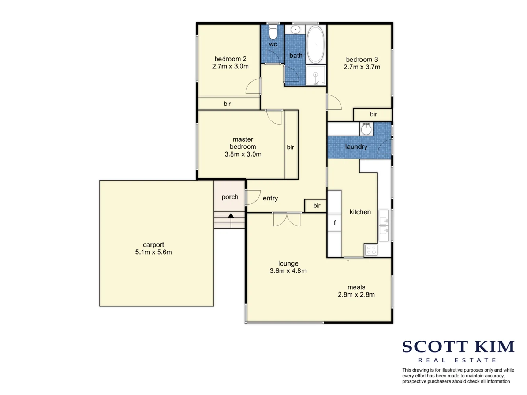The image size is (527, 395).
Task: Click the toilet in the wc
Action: [273, 32]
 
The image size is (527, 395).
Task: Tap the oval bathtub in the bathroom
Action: [315, 45]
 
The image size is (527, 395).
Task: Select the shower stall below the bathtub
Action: [315, 75]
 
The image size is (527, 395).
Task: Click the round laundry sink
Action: [366, 129]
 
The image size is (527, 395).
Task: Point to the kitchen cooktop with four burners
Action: [371, 250]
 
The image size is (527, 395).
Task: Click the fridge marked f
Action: [334, 223]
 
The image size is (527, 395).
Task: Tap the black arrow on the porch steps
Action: [231, 216]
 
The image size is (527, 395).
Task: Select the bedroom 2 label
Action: [230, 59]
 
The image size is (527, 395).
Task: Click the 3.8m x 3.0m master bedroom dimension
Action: [243, 154]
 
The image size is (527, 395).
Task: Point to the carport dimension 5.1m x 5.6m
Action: [153, 252]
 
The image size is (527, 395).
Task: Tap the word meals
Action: [356, 287]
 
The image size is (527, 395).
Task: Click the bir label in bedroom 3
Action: [373, 114]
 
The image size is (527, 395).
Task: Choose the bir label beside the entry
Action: [317, 206]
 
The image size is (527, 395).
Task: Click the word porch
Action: [230, 197]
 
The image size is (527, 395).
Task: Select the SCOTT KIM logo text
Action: [458, 347]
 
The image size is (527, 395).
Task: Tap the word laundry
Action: [356, 147]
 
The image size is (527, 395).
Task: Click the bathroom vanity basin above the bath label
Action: [295, 29]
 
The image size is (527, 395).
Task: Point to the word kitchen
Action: [360, 212]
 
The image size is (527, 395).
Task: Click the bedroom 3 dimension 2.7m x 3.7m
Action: [362, 67]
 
